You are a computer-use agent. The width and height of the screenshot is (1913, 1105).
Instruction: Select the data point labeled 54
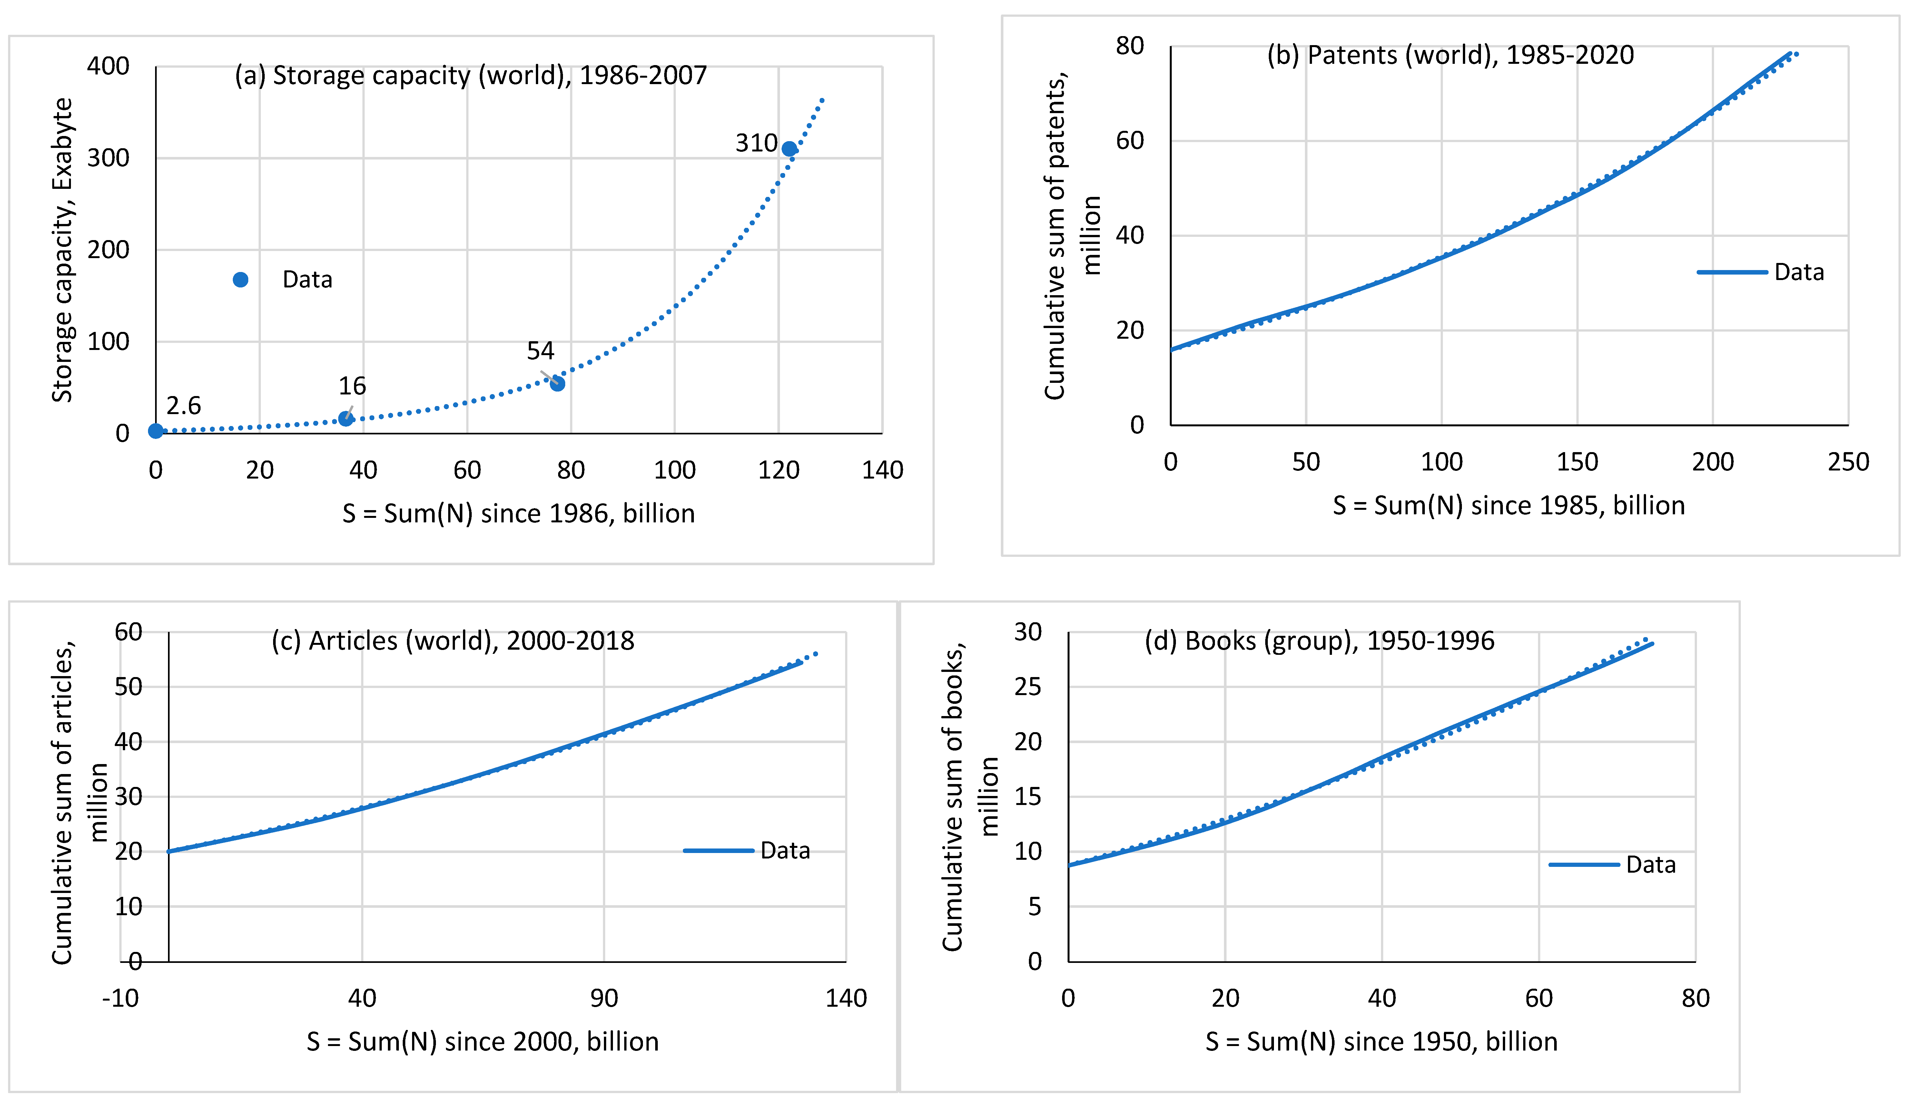[x=557, y=384]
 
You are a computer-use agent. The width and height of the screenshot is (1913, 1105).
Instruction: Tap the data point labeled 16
[x=345, y=418]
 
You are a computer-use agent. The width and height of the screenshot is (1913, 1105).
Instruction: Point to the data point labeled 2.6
[x=156, y=431]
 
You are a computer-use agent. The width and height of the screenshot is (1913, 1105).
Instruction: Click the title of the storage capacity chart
[x=471, y=75]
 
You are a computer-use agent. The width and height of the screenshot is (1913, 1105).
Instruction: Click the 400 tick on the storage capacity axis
[x=108, y=66]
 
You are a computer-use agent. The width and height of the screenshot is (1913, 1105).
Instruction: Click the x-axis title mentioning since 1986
[x=518, y=514]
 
